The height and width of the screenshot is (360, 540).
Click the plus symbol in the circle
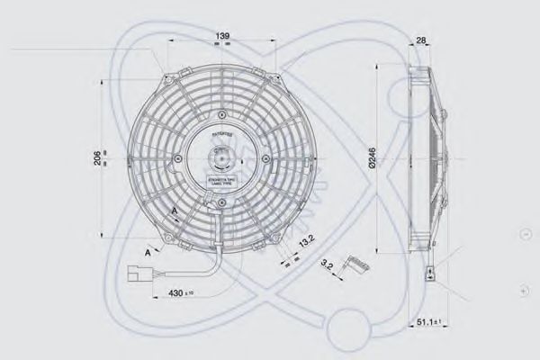coord(525,292)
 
